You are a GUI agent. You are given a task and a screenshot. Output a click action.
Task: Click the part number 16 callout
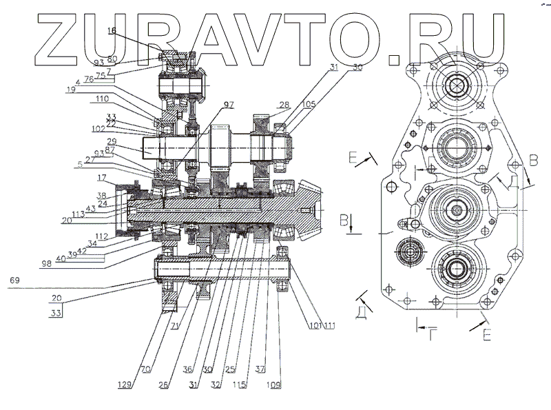click(x=112, y=31)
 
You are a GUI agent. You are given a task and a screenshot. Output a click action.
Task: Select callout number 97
click(x=228, y=103)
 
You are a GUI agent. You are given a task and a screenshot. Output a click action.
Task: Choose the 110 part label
click(x=103, y=99)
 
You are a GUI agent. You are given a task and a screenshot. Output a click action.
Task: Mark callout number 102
click(x=97, y=128)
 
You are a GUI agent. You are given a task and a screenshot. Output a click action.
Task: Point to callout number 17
click(x=101, y=177)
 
